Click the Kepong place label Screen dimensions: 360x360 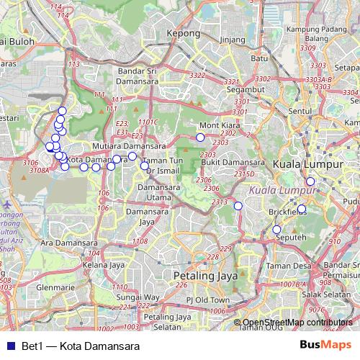[x=182, y=33]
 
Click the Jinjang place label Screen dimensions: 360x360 [x=232, y=39]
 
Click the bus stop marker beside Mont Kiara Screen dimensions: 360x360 [x=200, y=137]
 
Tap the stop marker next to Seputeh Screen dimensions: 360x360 [x=276, y=230]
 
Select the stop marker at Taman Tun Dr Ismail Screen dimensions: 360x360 [x=145, y=166]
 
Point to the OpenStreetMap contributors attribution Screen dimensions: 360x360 [x=298, y=323]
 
